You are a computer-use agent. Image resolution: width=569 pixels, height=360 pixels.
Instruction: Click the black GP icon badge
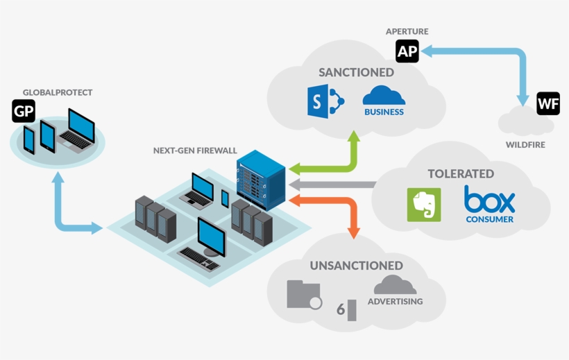[x=24, y=111]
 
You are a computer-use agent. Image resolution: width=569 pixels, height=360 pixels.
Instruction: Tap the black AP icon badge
[x=407, y=51]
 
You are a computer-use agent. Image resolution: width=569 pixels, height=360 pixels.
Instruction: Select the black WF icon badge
[x=548, y=103]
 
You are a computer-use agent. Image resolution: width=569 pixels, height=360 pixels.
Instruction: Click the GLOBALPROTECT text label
[x=58, y=92]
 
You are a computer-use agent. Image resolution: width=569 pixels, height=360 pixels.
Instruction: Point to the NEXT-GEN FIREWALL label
[x=195, y=151]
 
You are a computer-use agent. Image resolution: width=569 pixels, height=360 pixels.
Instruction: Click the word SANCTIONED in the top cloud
[x=356, y=72]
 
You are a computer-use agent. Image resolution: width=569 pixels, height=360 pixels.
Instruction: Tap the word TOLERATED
[x=461, y=173]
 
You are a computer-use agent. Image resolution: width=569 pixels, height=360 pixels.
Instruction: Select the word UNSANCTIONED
[x=356, y=266]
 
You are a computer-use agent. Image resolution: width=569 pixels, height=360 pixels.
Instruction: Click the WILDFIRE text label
[x=525, y=145]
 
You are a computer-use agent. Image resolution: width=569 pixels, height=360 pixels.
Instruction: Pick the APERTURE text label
[x=407, y=31]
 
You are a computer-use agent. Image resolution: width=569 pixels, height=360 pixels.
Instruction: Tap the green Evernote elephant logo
[x=424, y=205]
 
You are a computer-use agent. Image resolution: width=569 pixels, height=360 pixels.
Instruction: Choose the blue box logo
[x=490, y=200]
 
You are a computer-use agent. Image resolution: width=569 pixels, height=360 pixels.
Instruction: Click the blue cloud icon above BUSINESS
[x=384, y=95]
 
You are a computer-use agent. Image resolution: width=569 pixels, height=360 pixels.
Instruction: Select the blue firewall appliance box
[x=261, y=180]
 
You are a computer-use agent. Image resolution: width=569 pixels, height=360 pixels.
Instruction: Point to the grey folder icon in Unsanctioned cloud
[x=303, y=295]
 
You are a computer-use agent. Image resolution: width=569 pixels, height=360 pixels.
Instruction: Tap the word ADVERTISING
[x=395, y=302]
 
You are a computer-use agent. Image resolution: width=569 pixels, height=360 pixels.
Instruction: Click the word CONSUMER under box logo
[x=490, y=219]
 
